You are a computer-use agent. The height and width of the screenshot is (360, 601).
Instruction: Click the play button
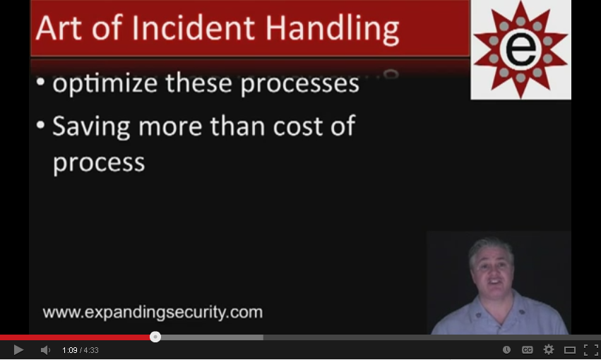[x=18, y=349]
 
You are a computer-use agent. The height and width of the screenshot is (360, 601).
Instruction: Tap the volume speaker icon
[x=45, y=350]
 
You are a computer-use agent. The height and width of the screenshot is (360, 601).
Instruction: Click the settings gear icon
[x=549, y=349]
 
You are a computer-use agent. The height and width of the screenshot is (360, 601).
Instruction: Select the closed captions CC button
[x=528, y=349]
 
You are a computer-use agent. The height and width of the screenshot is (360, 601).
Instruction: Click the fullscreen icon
[x=590, y=349]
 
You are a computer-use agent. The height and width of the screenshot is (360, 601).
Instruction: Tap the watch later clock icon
[x=506, y=349]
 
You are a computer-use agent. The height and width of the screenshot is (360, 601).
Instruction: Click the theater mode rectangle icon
[x=569, y=350]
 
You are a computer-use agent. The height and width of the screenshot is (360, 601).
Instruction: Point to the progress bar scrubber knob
[x=155, y=337]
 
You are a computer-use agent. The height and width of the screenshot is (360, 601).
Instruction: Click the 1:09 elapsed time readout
[x=70, y=350]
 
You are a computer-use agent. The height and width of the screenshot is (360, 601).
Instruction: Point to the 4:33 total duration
[x=91, y=350]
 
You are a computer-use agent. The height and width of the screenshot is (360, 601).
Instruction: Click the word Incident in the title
[x=194, y=28]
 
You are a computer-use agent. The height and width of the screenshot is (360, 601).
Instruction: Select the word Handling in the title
[x=333, y=30]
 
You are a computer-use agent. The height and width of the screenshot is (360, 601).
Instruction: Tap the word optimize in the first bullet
[x=105, y=84]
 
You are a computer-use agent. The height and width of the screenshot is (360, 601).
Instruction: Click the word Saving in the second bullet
[x=91, y=127]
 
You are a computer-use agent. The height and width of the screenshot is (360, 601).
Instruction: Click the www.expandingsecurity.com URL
[x=153, y=312]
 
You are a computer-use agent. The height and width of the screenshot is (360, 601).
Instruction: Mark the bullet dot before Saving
[x=41, y=125]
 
